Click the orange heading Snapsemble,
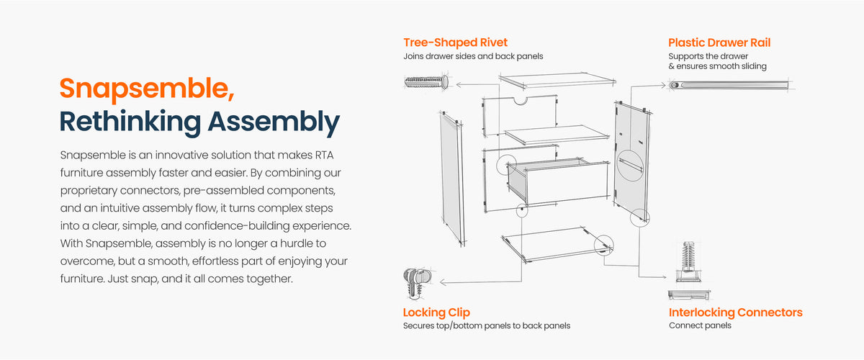[147, 89]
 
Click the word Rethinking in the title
[130, 122]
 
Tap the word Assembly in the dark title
[274, 122]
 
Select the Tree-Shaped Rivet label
[455, 42]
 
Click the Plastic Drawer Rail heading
[719, 42]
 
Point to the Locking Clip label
[436, 312]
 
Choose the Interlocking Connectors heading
[736, 312]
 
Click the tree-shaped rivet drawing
[426, 82]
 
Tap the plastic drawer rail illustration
[729, 85]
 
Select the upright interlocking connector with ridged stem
[688, 261]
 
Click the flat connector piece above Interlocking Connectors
[689, 294]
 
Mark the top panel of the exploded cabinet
[558, 80]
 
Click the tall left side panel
[452, 179]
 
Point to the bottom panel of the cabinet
[557, 244]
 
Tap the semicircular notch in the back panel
[520, 102]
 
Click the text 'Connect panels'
[700, 325]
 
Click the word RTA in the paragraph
[324, 155]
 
